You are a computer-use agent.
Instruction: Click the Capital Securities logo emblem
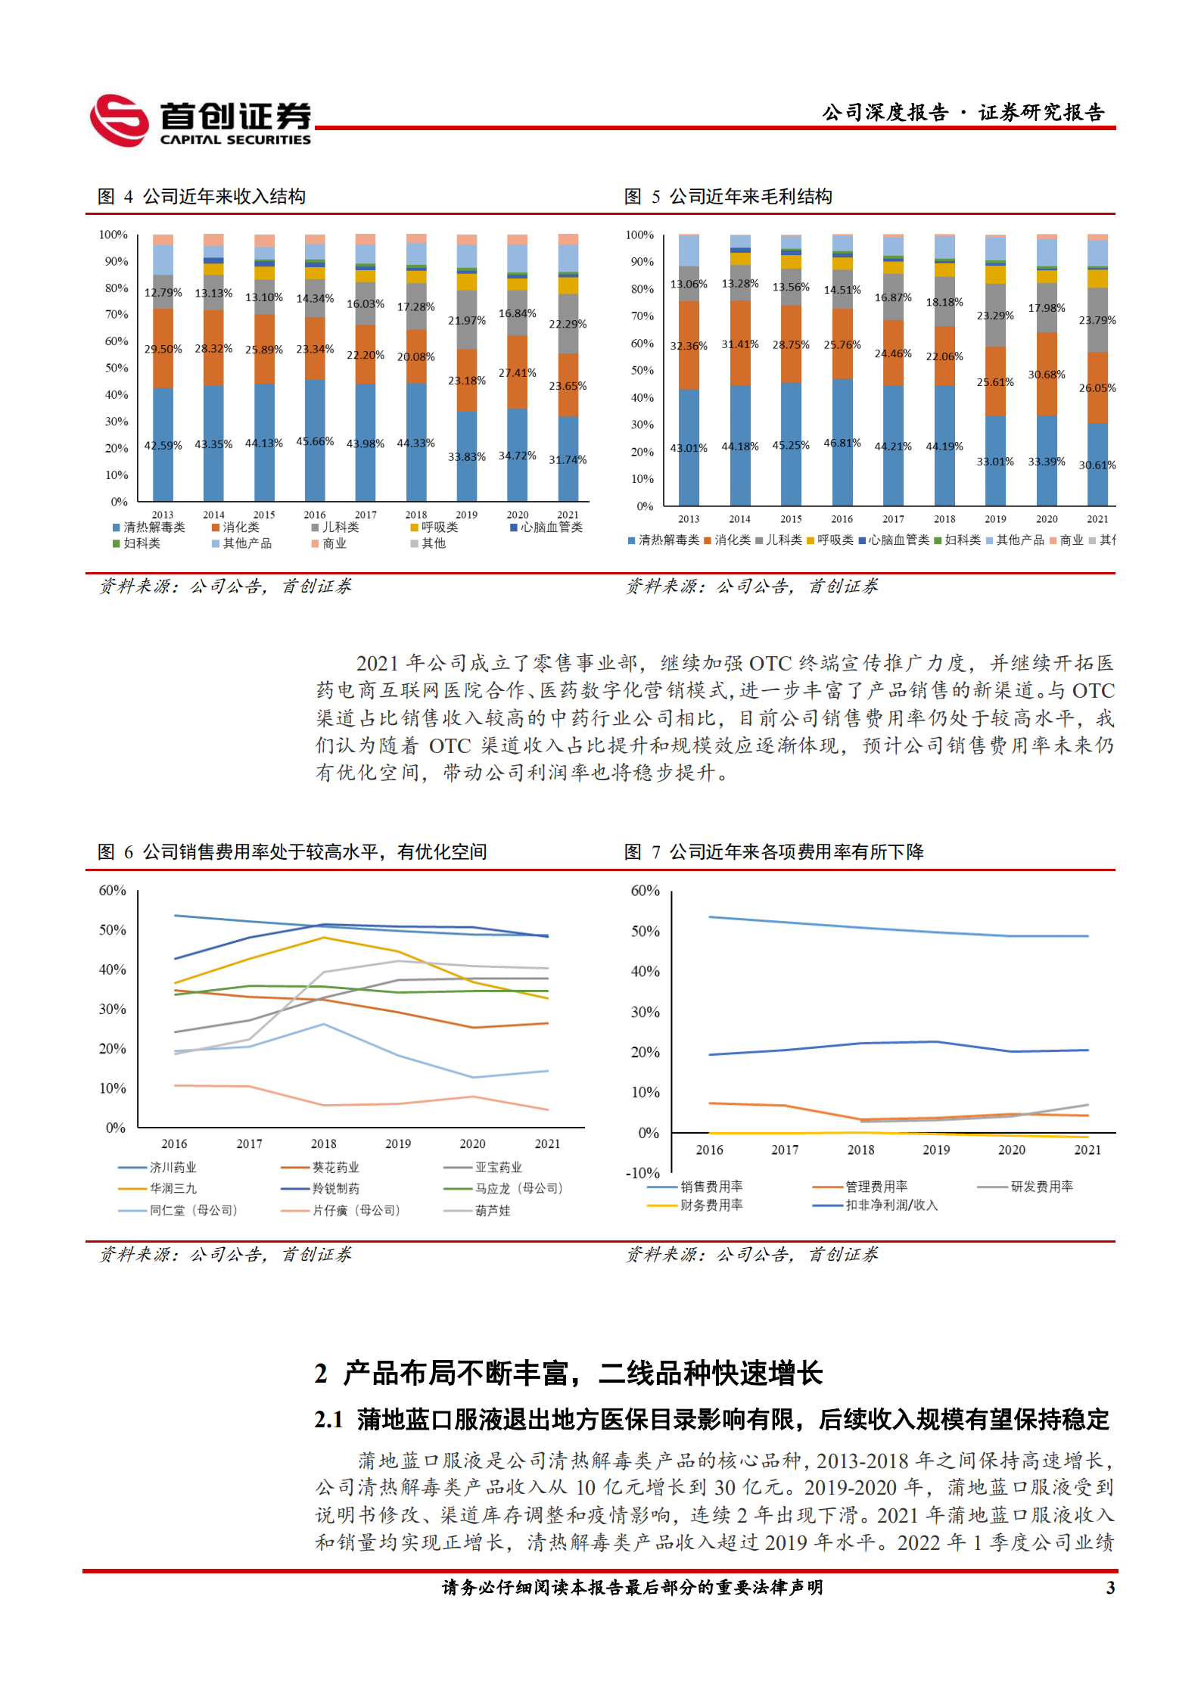tap(119, 120)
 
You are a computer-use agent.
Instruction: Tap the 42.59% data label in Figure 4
tap(163, 446)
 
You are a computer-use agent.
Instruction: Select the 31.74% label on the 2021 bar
tap(568, 459)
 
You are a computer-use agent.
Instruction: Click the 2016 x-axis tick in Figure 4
tap(315, 515)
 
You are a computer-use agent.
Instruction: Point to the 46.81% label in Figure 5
tap(842, 443)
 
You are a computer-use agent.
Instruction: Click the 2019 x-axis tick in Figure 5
tap(995, 519)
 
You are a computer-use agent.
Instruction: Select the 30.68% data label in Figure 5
tap(1046, 375)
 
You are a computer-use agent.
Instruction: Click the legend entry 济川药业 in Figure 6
tap(173, 1168)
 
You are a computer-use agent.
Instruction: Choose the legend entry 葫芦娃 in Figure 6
tap(492, 1211)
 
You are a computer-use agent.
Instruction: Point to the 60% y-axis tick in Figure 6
tap(112, 891)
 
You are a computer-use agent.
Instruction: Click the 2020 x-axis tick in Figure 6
tap(472, 1144)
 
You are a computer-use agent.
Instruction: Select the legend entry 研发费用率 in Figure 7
tap(1041, 1187)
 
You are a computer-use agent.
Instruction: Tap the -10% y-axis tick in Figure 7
tap(643, 1173)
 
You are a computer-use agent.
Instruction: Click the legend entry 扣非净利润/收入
tap(891, 1205)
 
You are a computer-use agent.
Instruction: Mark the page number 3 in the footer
tap(1110, 1588)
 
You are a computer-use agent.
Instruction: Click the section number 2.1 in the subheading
tap(328, 1420)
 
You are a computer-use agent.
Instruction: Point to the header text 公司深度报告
tap(885, 114)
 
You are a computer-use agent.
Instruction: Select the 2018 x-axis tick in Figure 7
tap(860, 1150)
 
